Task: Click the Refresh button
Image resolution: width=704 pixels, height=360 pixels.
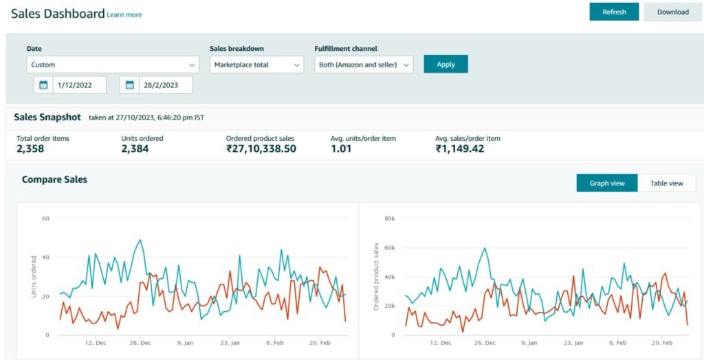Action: coord(614,12)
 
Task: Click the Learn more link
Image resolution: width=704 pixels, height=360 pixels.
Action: coord(124,15)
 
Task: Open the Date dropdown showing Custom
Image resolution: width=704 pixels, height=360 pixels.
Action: coord(113,65)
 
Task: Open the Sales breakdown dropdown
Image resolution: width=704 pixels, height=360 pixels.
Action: coord(257,65)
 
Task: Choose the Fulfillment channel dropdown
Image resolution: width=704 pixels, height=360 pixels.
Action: coord(364,65)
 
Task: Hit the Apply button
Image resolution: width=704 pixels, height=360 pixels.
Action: coord(445,64)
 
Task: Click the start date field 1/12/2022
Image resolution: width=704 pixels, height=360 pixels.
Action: coord(80,85)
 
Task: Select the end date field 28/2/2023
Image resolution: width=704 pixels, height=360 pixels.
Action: coord(166,85)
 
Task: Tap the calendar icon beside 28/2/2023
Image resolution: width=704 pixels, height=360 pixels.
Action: coord(130,85)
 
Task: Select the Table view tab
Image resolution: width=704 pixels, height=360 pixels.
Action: coord(667,183)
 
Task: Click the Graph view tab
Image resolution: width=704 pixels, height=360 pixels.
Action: coord(607,183)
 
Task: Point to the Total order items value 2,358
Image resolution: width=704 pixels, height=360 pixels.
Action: coord(30,148)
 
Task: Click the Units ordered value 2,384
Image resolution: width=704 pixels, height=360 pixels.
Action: coord(135,148)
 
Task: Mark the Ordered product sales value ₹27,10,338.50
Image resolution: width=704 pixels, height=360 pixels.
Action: coord(261,148)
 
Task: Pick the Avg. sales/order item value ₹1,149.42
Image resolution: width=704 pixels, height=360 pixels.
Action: coord(460,148)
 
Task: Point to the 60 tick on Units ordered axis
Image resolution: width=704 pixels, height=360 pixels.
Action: coord(46,218)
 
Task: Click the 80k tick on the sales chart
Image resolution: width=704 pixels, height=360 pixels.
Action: coord(390,218)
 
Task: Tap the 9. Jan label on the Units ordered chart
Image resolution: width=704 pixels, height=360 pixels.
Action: coord(184,343)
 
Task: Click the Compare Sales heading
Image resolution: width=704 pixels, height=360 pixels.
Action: coord(55,179)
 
